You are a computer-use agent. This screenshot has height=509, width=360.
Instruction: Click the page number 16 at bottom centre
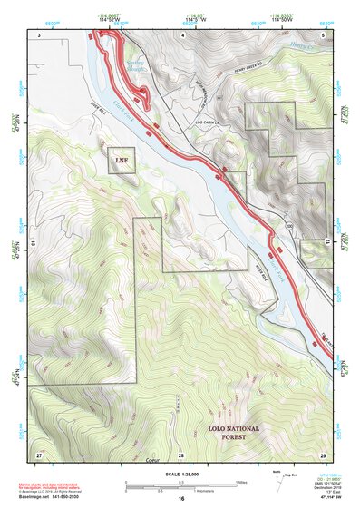click(x=180, y=499)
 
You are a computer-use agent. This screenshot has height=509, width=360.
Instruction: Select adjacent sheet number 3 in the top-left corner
click(x=40, y=34)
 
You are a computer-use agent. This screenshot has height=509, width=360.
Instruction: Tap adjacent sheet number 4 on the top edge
click(x=181, y=34)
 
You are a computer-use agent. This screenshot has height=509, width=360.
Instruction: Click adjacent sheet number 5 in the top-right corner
click(x=323, y=34)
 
